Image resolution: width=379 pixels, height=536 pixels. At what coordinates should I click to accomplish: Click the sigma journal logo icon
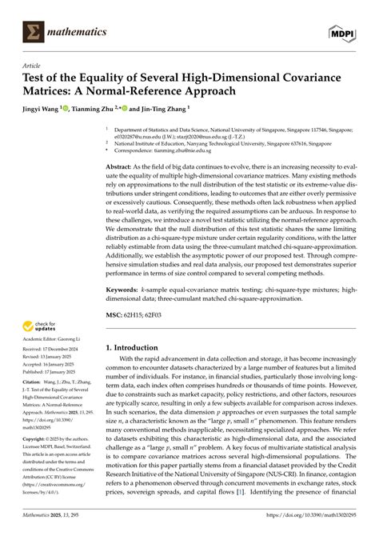coord(34,30)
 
